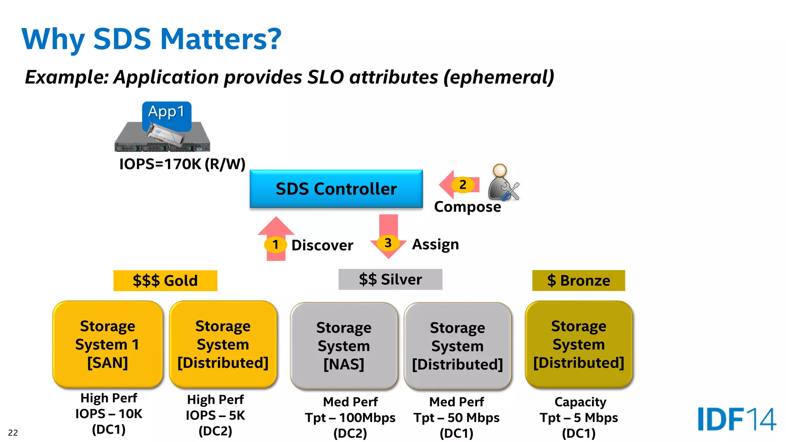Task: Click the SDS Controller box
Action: (x=336, y=189)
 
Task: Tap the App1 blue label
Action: (x=167, y=112)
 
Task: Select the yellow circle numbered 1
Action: (x=275, y=244)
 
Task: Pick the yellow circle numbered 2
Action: (x=463, y=185)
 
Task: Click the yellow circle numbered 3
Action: (x=388, y=242)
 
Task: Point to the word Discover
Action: (x=322, y=245)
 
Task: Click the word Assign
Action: (x=435, y=244)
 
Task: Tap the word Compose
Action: (x=467, y=207)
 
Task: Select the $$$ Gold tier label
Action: (x=165, y=280)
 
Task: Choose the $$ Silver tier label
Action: (x=390, y=279)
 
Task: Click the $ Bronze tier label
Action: (x=578, y=280)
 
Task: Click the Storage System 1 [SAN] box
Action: (x=107, y=344)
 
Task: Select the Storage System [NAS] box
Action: (x=344, y=346)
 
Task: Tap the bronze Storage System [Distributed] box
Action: (x=578, y=344)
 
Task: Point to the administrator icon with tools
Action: (x=503, y=183)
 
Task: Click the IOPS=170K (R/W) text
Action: (x=182, y=164)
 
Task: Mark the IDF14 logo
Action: (x=736, y=419)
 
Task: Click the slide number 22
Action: (x=13, y=433)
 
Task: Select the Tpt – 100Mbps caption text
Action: (x=350, y=417)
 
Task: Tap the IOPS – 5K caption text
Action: (x=215, y=415)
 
